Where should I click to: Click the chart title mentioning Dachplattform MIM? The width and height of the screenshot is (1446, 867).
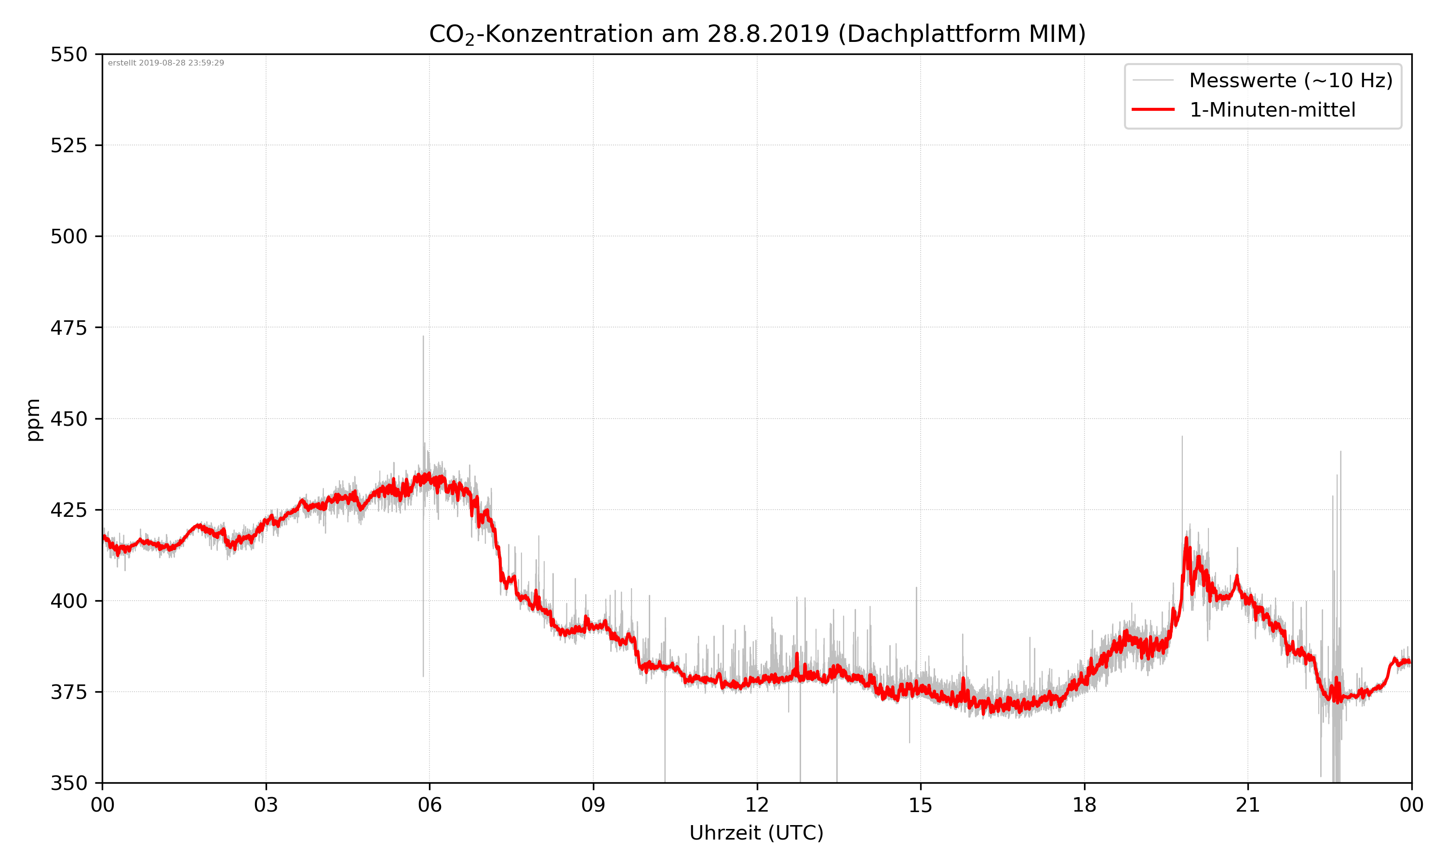pos(757,34)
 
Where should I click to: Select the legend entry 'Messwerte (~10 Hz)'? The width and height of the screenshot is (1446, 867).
pos(1290,80)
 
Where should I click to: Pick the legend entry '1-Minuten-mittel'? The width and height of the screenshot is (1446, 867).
pos(1272,110)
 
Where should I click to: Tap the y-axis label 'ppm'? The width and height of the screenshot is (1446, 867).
pos(33,420)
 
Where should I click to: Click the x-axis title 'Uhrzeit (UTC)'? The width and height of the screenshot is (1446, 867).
pos(756,832)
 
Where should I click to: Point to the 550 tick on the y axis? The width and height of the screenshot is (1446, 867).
pos(68,55)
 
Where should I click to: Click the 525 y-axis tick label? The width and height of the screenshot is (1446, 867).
pos(68,145)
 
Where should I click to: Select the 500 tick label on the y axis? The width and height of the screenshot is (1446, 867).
pos(68,236)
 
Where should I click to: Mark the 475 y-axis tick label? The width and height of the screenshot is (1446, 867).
pos(68,328)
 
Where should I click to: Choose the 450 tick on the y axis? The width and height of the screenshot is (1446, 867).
pos(68,419)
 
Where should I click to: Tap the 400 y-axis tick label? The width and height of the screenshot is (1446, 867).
pos(68,601)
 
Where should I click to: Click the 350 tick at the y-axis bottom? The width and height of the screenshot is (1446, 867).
pos(68,783)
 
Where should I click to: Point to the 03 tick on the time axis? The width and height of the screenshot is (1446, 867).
pos(266,805)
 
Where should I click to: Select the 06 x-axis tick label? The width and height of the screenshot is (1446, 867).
pos(429,805)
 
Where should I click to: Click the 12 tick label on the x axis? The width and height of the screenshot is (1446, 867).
pos(757,805)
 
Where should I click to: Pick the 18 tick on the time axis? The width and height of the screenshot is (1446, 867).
pos(1084,805)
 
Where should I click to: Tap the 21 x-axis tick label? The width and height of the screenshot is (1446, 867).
pos(1248,805)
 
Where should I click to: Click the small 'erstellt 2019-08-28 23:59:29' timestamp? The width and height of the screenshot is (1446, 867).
pos(166,63)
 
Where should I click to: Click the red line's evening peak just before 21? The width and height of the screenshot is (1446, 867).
pos(1187,538)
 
